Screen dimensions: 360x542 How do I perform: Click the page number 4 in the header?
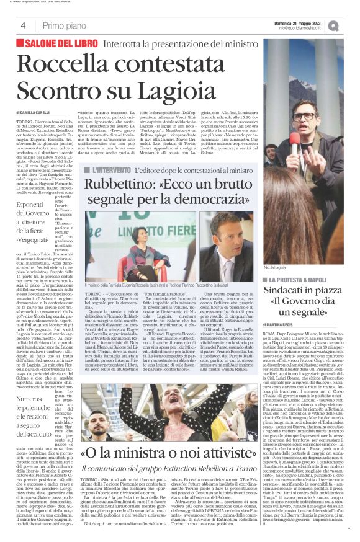coord(23,25)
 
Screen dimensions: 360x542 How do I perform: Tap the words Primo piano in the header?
coord(62,25)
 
